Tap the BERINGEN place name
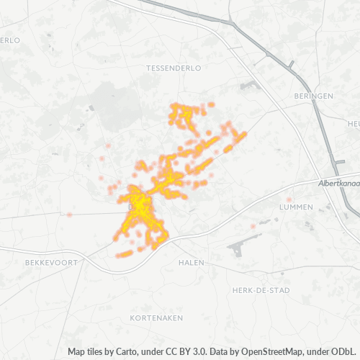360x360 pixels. tap(314, 96)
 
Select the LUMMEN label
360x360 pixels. tap(295, 207)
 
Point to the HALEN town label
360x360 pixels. tap(192, 263)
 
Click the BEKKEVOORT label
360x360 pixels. tap(50, 263)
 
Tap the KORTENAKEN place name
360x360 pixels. tap(156, 318)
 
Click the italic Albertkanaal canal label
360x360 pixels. tap(338, 184)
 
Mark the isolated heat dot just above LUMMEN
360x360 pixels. tap(289, 199)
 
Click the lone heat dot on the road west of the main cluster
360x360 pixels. tap(70, 215)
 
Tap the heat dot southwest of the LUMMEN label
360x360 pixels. tap(253, 226)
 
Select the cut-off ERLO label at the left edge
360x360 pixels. tap(9, 40)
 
